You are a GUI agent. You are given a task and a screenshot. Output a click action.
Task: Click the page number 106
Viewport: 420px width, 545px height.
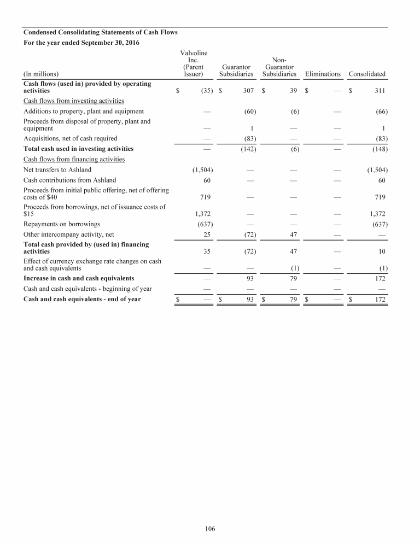210,529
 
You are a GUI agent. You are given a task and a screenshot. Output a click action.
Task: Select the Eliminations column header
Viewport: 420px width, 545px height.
323,74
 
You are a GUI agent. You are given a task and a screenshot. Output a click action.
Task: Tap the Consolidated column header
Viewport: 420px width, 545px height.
367,74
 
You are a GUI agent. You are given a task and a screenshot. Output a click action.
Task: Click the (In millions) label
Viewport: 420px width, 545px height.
41,74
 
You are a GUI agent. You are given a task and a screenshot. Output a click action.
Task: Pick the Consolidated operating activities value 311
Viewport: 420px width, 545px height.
380,91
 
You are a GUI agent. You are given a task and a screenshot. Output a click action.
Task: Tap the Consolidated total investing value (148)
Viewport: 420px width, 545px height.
379,149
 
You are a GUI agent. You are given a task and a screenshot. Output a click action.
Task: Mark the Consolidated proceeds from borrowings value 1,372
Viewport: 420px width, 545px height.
377,214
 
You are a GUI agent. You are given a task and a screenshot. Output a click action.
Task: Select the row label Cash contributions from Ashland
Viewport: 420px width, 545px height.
69,180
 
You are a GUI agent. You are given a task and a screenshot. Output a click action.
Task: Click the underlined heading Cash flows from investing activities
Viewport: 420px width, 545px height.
73,101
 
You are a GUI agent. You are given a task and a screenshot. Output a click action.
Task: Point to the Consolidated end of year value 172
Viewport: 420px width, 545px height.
380,299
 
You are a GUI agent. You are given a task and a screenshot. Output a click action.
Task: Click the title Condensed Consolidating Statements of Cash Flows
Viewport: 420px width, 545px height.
100,32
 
